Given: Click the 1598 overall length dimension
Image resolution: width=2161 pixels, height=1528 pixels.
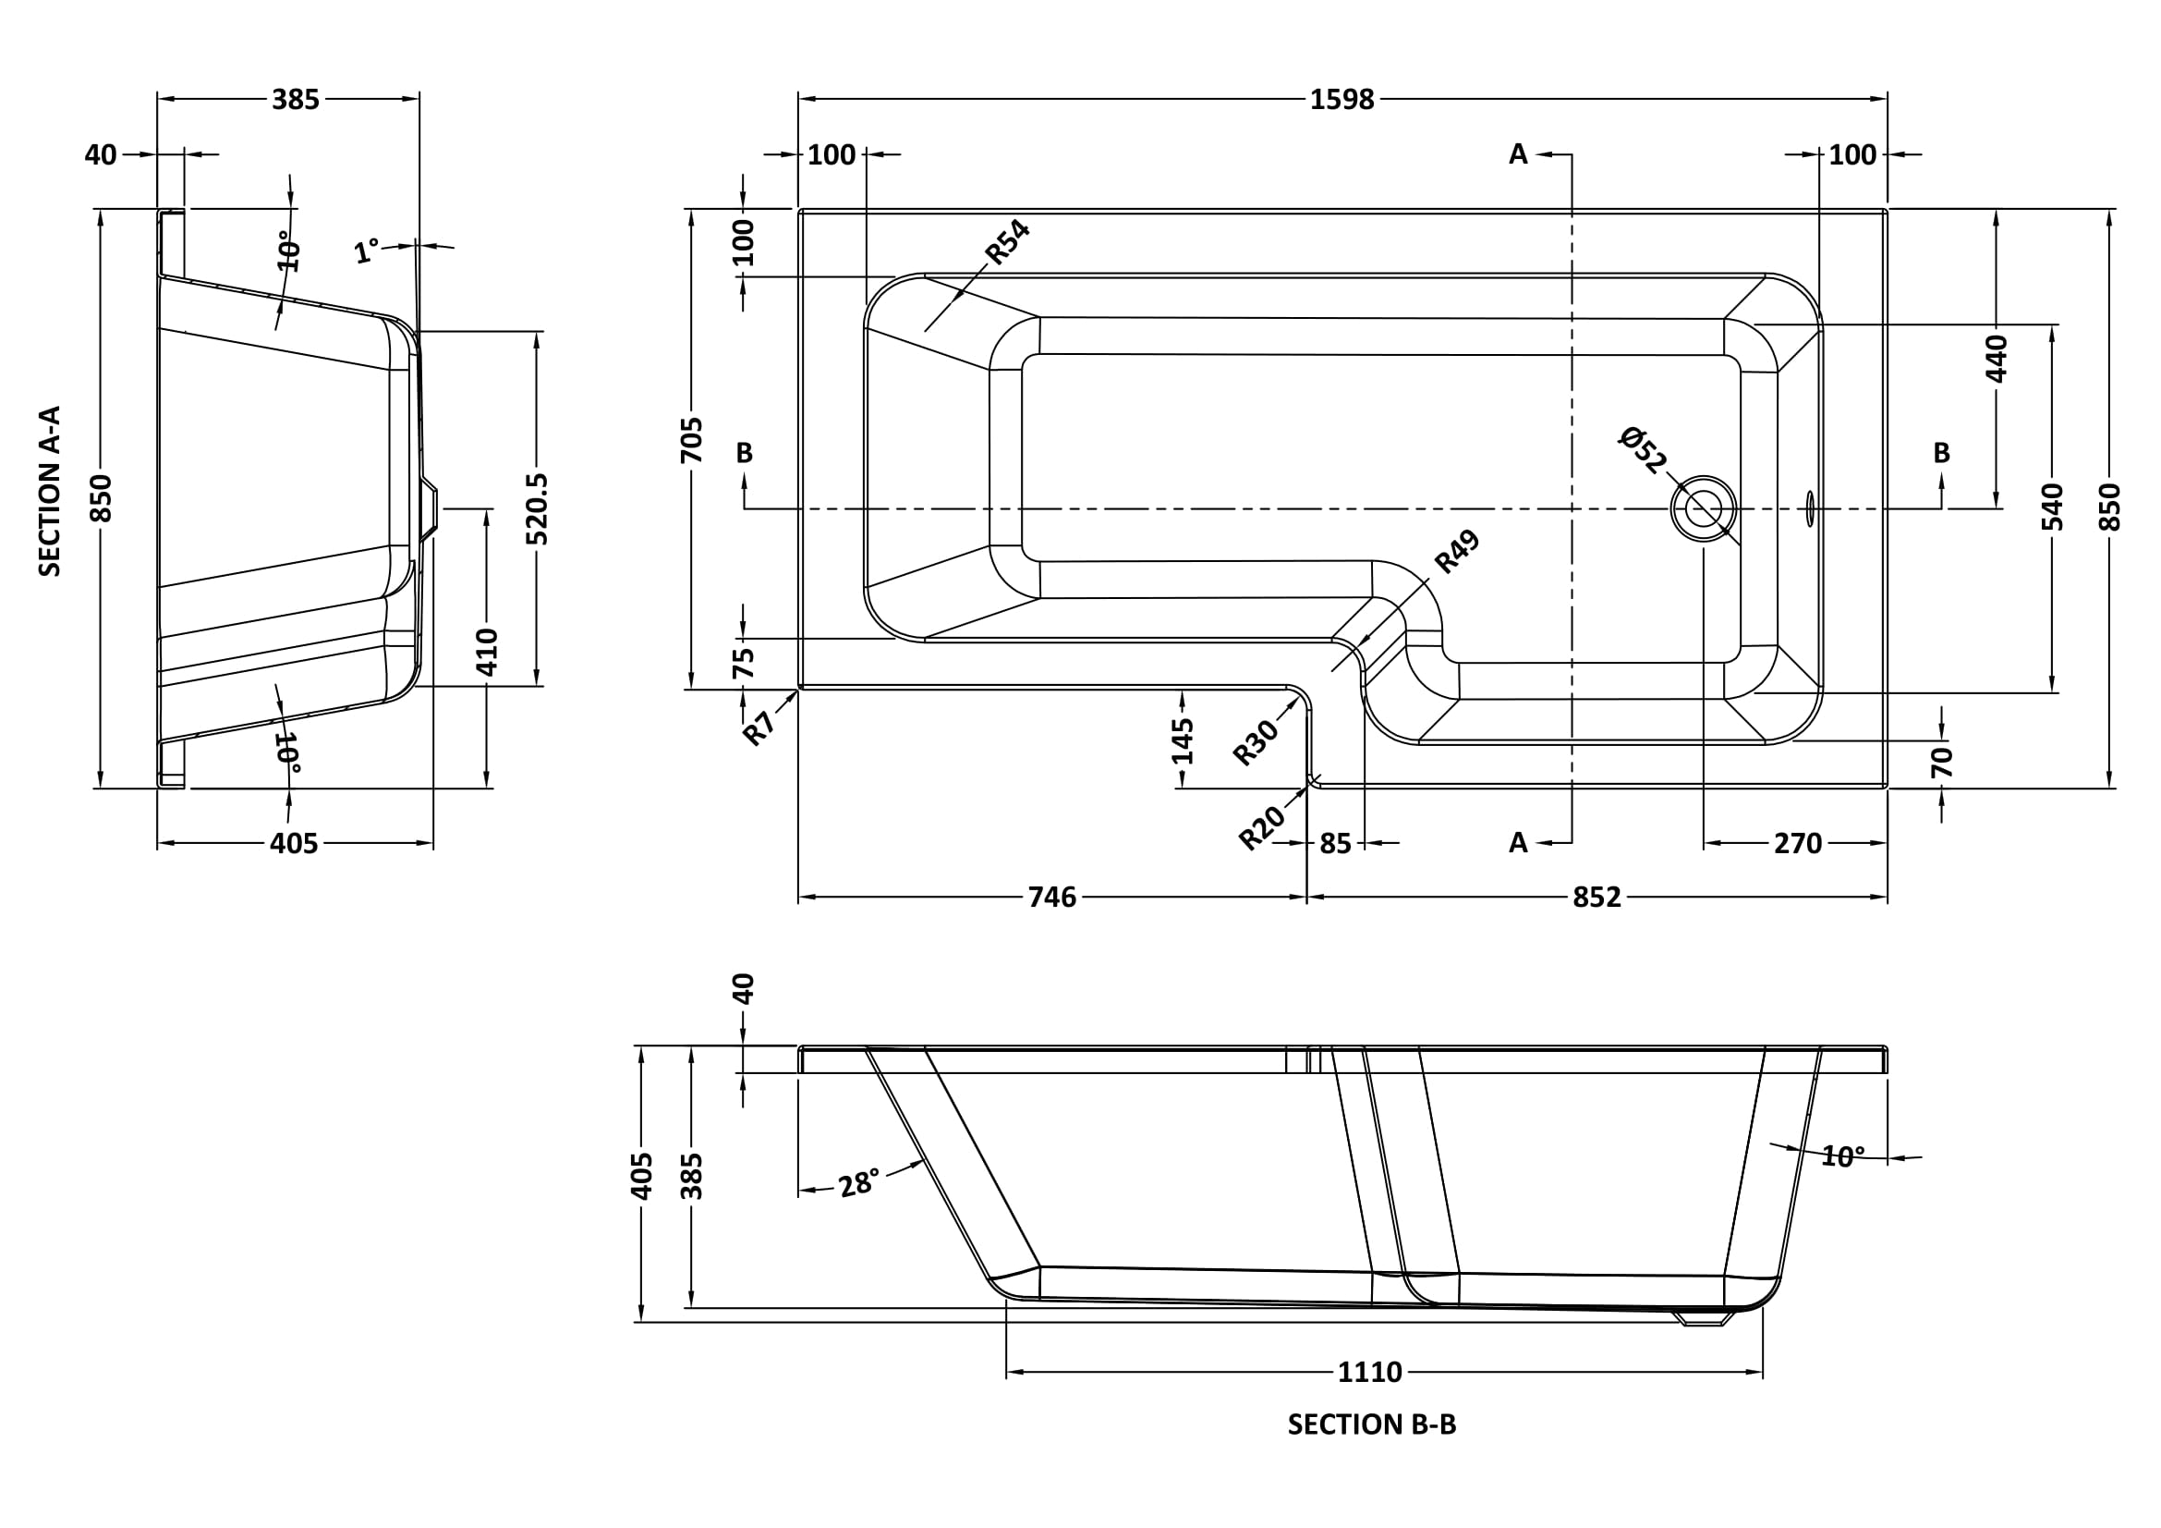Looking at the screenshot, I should pyautogui.click(x=1342, y=99).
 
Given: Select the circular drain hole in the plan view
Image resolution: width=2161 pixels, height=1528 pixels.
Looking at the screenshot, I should pyautogui.click(x=1704, y=508).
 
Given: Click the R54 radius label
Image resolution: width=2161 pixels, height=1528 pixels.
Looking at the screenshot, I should pyautogui.click(x=1007, y=241).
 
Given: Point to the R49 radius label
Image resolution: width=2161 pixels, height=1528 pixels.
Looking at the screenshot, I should pyautogui.click(x=1457, y=552).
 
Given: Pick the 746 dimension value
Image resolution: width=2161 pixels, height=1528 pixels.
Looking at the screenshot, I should pyautogui.click(x=1051, y=898).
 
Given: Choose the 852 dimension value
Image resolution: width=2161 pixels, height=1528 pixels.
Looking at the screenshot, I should pyautogui.click(x=1596, y=898).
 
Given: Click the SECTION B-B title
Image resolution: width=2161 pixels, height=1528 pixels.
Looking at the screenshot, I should pyautogui.click(x=1371, y=1424).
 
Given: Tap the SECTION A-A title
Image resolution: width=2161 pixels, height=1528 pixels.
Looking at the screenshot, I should pyautogui.click(x=49, y=491).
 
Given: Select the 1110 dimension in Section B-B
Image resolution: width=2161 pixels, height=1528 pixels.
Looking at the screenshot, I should pyautogui.click(x=1369, y=1372).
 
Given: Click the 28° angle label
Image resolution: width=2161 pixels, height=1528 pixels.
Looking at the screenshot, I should pyautogui.click(x=858, y=1182).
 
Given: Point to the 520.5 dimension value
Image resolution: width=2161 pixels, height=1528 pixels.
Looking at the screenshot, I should pyautogui.click(x=538, y=508).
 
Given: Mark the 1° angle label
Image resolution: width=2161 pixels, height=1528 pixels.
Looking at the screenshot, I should pyautogui.click(x=366, y=251).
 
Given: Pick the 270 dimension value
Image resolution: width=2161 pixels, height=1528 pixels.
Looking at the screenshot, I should pyautogui.click(x=1798, y=844).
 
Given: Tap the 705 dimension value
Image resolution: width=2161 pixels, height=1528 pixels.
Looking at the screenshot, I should pyautogui.click(x=691, y=440).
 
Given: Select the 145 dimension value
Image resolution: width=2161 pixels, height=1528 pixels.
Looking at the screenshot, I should pyautogui.click(x=1183, y=740).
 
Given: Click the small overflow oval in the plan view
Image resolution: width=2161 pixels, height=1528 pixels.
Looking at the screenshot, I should pyautogui.click(x=1809, y=508).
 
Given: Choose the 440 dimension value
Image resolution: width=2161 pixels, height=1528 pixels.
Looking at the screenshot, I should pyautogui.click(x=1997, y=358).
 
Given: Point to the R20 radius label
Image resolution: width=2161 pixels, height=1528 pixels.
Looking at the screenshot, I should pyautogui.click(x=1261, y=828).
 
